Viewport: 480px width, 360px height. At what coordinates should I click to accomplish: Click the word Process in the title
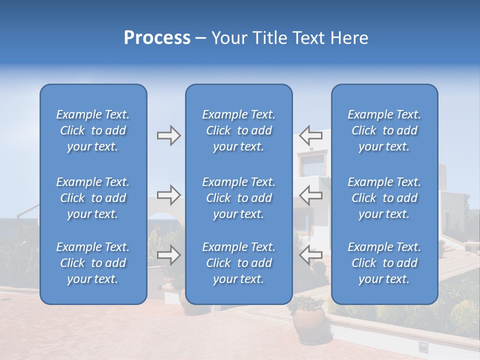157,38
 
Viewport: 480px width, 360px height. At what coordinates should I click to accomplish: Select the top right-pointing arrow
168,135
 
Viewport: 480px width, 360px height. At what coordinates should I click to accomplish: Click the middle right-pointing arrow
168,195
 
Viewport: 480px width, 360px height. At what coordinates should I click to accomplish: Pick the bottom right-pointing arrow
168,255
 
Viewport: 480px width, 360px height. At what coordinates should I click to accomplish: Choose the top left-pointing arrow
311,135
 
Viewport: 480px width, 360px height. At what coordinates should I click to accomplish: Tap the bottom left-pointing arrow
311,255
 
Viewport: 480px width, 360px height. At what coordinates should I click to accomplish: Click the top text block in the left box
93,130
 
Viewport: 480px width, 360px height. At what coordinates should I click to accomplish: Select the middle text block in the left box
93,198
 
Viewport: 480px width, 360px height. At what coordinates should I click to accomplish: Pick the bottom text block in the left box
93,263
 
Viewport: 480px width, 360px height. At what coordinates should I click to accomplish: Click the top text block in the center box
239,130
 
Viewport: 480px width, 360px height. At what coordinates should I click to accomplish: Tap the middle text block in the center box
239,198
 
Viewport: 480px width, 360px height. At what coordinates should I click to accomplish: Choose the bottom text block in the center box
239,263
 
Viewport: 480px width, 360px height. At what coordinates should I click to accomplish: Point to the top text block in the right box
384,130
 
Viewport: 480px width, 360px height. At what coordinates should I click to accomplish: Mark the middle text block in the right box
384,198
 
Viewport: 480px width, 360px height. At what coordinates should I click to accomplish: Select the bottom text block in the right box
384,263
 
